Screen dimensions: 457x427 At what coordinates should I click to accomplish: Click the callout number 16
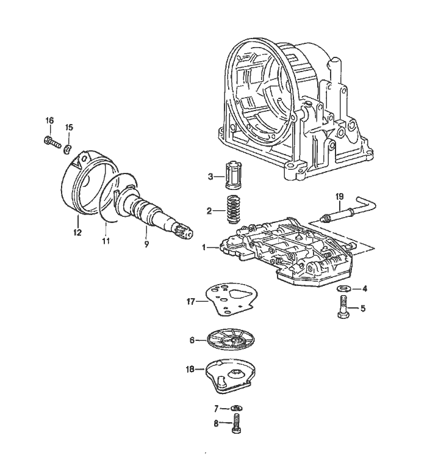49,120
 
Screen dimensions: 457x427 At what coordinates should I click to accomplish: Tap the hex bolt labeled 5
342,306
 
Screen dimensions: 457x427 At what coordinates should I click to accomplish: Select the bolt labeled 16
51,144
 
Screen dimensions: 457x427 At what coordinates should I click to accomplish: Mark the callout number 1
206,248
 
